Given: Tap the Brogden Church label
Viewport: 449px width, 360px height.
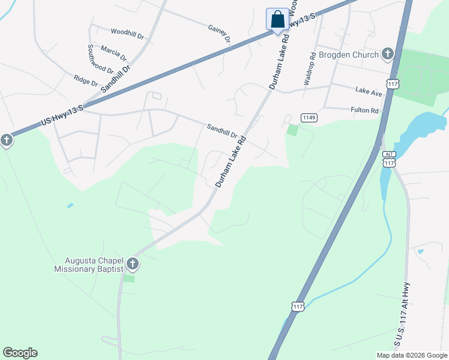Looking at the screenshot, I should coord(349,55).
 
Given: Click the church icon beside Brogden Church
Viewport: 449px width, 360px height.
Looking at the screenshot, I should coord(388,55).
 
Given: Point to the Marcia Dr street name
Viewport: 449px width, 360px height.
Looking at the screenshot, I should coord(114,53).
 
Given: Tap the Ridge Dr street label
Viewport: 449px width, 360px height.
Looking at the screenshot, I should coord(86,80).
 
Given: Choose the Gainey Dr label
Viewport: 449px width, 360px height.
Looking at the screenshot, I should coord(219,34).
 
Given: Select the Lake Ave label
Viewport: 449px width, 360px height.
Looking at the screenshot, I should coord(369,91).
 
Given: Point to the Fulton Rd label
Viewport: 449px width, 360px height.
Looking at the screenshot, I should coord(365,110).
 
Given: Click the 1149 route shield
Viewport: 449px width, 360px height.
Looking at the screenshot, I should coord(309,118).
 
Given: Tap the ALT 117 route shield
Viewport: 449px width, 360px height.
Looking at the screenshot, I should coord(389,159).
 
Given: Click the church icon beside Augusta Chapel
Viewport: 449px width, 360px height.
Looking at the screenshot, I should coord(132,263).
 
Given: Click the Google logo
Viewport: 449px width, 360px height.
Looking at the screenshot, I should coord(20,353).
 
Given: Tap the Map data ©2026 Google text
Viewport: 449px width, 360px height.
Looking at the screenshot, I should coord(412,355).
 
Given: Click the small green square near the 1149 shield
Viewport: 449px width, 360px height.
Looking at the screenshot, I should coord(292,130).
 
